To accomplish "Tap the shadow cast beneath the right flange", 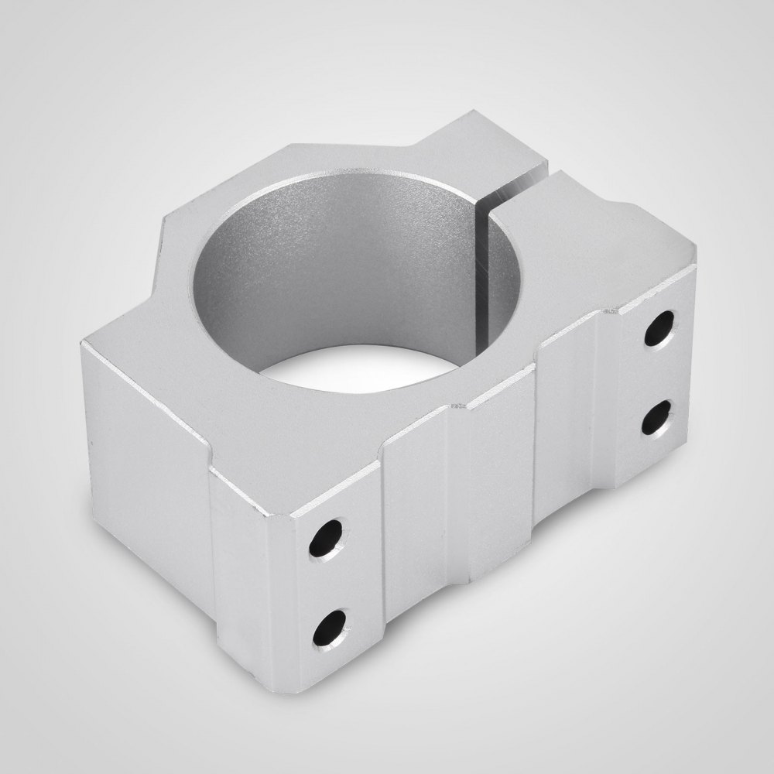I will point(619,526).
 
